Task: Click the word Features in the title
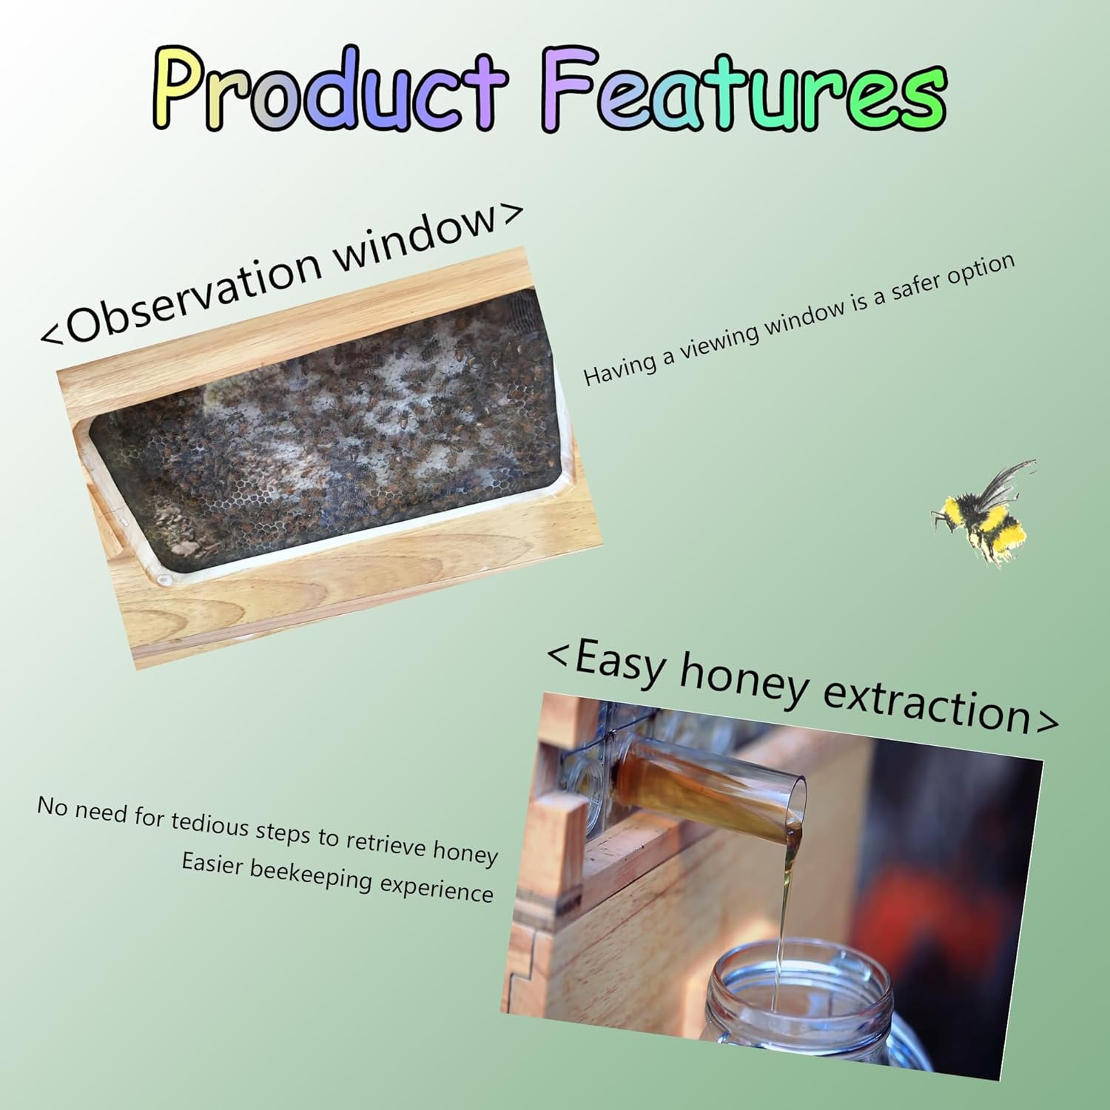coord(747,92)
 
